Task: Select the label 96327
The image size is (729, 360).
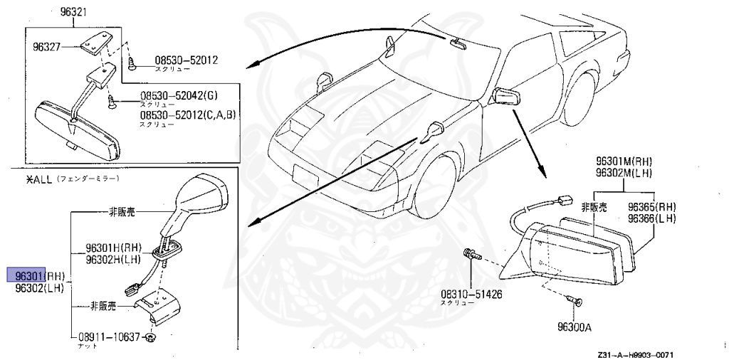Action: [46, 47]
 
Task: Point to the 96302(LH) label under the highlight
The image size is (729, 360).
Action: [40, 288]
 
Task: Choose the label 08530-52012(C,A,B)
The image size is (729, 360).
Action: [187, 115]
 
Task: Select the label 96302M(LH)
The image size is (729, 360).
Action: [624, 173]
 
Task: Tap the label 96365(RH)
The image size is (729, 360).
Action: [651, 206]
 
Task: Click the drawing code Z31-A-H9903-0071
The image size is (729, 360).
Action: [636, 355]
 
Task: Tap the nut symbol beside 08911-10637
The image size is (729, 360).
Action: [150, 337]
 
